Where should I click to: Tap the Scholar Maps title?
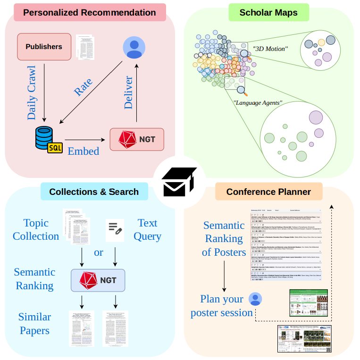click(x=268, y=12)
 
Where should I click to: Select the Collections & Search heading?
click(x=94, y=192)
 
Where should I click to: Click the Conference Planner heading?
click(x=268, y=192)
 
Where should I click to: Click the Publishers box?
click(x=44, y=47)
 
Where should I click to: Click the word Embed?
click(x=84, y=151)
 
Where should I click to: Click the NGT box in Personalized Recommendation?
click(x=136, y=139)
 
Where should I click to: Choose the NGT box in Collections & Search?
click(x=98, y=280)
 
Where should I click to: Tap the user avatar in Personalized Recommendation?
click(x=134, y=47)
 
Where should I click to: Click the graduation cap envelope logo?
click(x=179, y=182)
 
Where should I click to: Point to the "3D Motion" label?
click(x=270, y=49)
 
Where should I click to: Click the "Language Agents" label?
click(x=258, y=102)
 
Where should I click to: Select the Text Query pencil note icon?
click(x=115, y=228)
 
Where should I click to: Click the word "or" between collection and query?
click(x=98, y=252)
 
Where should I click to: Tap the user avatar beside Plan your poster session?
click(x=255, y=299)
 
